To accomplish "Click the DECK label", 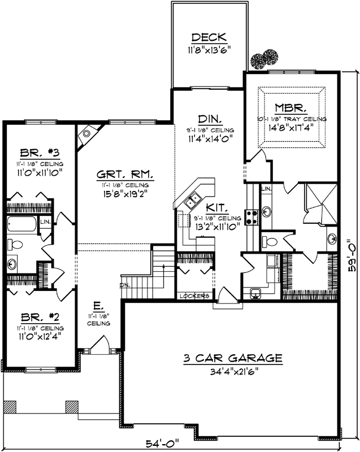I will [209, 38].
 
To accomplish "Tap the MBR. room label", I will [290, 107].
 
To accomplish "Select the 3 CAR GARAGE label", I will [232, 358].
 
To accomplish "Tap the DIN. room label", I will [209, 119].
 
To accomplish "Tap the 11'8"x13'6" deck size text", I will [209, 49].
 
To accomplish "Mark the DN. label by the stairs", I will [124, 285].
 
